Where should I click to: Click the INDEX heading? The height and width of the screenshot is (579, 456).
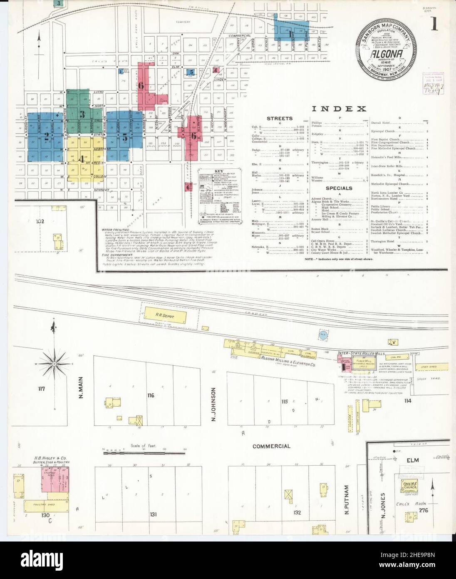coord(339,109)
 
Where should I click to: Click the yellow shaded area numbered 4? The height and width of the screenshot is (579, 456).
coord(82,159)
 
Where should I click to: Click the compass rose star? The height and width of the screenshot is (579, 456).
coord(54,364)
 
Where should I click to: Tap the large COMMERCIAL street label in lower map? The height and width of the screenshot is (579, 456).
coord(271,446)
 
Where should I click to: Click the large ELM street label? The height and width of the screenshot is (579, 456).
coord(412,460)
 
